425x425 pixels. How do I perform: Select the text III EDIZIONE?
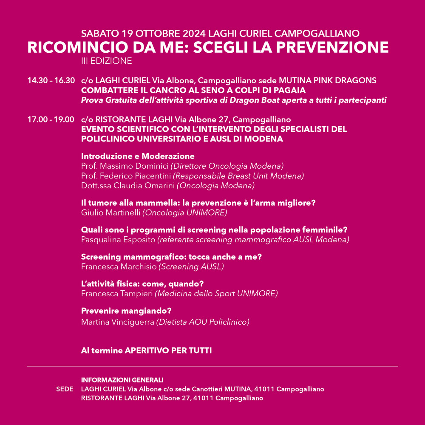[106, 61]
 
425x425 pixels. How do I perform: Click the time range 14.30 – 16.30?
[51, 80]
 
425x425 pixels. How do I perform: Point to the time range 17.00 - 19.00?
[51, 119]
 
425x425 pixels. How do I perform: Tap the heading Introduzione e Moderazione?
[138, 156]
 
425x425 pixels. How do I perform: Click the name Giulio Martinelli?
[110, 212]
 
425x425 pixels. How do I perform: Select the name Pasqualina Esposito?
[118, 240]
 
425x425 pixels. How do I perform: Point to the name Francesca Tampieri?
[117, 294]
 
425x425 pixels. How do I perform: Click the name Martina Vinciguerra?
[118, 322]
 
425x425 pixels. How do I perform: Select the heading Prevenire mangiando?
[126, 311]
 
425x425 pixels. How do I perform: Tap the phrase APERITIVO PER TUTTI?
[168, 351]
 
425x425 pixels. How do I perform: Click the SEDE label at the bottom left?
[65, 389]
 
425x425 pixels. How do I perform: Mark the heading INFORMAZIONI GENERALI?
[122, 380]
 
